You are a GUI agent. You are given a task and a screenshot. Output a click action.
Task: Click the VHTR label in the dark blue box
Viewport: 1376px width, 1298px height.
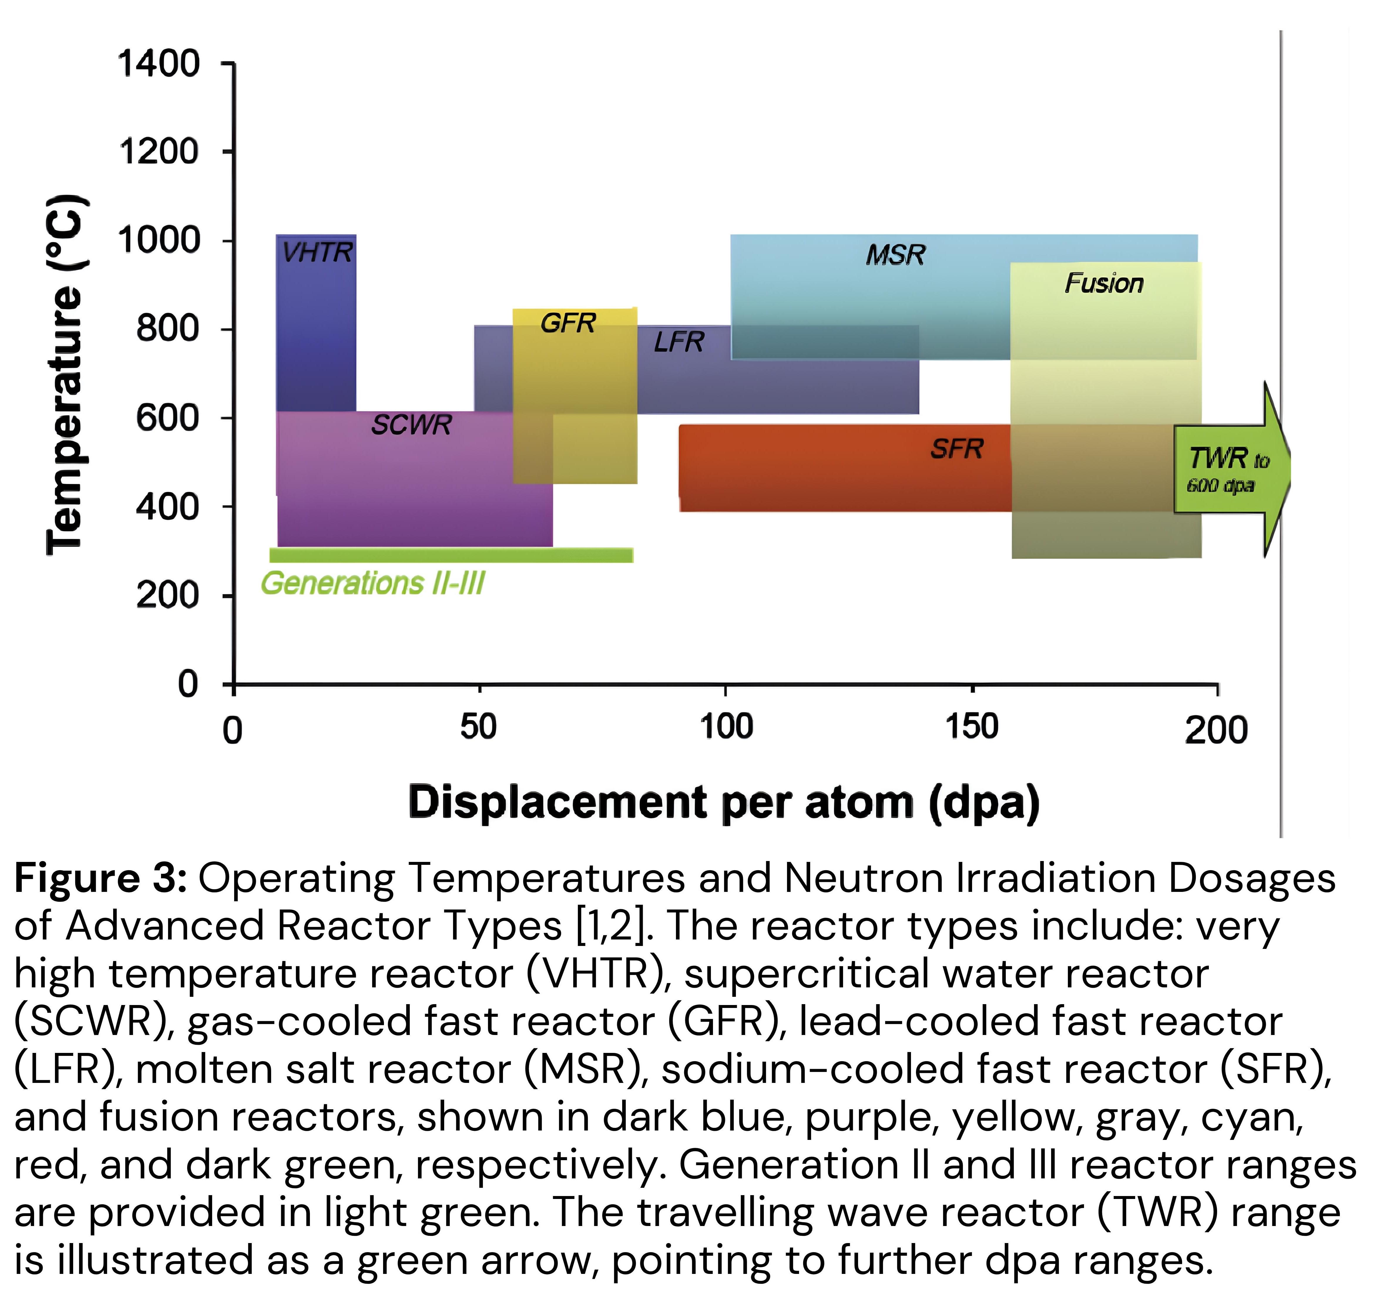tap(318, 253)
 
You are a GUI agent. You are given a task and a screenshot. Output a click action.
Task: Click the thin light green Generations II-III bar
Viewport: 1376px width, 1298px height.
tap(451, 555)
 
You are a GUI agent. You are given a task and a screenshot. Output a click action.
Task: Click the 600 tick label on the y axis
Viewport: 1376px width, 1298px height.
tap(167, 418)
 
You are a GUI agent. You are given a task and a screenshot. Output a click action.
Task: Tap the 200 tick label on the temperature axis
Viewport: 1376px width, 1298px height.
tap(167, 595)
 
